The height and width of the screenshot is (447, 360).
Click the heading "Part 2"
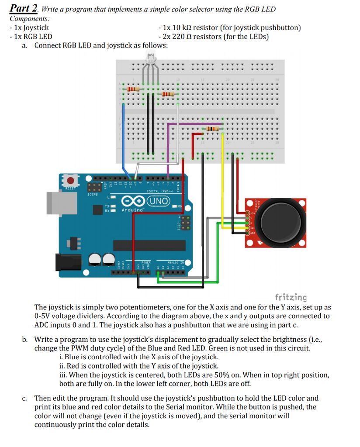23,9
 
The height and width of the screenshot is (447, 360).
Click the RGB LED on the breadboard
151,58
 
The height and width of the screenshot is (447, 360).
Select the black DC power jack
70,262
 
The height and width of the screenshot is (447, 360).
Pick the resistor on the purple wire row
211,129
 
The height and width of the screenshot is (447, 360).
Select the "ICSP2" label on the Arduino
93,194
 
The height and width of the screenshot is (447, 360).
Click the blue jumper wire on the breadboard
125,135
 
